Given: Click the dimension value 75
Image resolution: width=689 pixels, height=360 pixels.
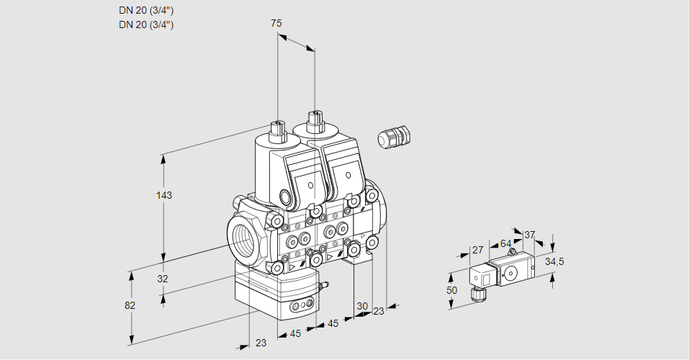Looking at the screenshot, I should coord(276,23).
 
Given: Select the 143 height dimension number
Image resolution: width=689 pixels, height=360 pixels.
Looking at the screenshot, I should coord(166,195).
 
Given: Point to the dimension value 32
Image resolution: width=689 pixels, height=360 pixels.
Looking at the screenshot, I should coord(162,279).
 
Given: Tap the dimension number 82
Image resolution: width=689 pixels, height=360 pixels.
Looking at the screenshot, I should coord(130,305).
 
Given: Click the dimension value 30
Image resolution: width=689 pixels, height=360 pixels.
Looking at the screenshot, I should coord(362,305).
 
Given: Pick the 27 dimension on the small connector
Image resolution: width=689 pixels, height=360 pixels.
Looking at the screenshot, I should coord(477,251).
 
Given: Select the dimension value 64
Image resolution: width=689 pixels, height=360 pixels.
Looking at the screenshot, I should coord(505,243).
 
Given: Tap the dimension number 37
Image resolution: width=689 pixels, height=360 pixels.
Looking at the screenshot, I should coord(529,235).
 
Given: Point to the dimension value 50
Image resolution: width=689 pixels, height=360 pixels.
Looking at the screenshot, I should coord(451,290).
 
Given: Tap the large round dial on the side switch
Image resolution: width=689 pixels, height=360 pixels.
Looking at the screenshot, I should coord(511,272).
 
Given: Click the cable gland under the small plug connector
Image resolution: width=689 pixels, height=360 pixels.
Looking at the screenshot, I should coord(475,292).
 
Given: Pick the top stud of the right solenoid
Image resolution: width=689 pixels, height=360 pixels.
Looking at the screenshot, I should coord(314,120).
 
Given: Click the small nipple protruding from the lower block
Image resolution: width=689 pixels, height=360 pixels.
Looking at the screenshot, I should coord(323,286).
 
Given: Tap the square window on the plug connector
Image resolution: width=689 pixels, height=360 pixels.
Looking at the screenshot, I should coord(485,276).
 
